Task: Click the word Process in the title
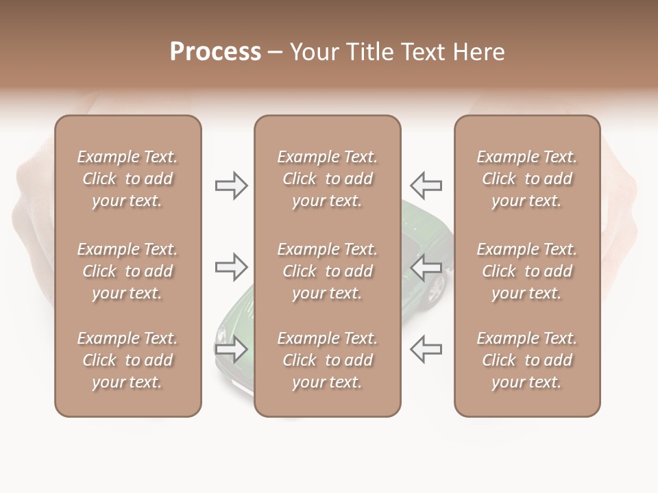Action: click(x=215, y=52)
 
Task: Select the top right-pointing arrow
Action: click(x=231, y=186)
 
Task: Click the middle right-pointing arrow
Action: click(x=231, y=267)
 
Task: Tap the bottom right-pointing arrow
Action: click(x=231, y=349)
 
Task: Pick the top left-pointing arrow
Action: click(x=426, y=185)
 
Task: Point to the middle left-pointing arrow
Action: click(x=426, y=267)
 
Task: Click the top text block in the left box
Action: click(x=127, y=179)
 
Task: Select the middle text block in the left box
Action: click(x=127, y=271)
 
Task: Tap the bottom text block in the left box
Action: click(x=127, y=360)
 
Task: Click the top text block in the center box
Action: click(x=327, y=179)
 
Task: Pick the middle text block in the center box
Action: click(x=327, y=271)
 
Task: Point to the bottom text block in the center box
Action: click(x=327, y=360)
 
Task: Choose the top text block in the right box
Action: click(x=527, y=179)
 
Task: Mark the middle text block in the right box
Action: click(x=527, y=271)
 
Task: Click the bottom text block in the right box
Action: click(x=527, y=360)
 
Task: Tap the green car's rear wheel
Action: click(x=435, y=290)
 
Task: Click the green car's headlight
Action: click(x=221, y=335)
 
